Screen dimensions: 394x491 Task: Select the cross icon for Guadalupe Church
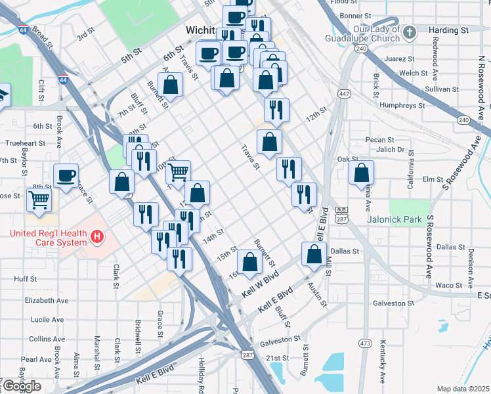pos(410,32)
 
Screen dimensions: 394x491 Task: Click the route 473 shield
pos(365,343)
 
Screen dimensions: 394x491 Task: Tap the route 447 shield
pos(344,95)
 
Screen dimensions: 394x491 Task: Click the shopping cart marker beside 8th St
pos(39,199)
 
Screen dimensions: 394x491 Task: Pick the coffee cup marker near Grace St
pos(66,175)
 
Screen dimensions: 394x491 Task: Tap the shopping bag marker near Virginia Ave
pos(362,173)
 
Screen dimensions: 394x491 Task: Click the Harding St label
pos(448,30)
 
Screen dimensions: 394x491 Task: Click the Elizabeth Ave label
pos(47,300)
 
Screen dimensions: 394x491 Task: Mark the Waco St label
pos(450,285)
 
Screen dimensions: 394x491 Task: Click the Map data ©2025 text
pos(463,389)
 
